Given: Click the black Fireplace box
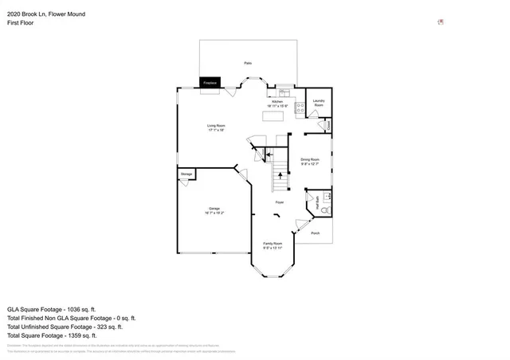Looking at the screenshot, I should click(210, 82).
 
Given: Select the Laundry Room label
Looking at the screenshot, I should click(319, 102).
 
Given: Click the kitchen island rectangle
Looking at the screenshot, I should click(273, 116).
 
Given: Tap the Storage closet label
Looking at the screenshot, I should click(186, 173).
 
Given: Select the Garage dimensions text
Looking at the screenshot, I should click(214, 213).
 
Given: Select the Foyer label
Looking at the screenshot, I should click(280, 202).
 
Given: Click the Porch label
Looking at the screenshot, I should click(315, 233).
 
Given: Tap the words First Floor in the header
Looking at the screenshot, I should click(22, 23).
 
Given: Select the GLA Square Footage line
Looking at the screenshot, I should click(51, 308).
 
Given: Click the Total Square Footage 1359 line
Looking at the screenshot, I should click(53, 335).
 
